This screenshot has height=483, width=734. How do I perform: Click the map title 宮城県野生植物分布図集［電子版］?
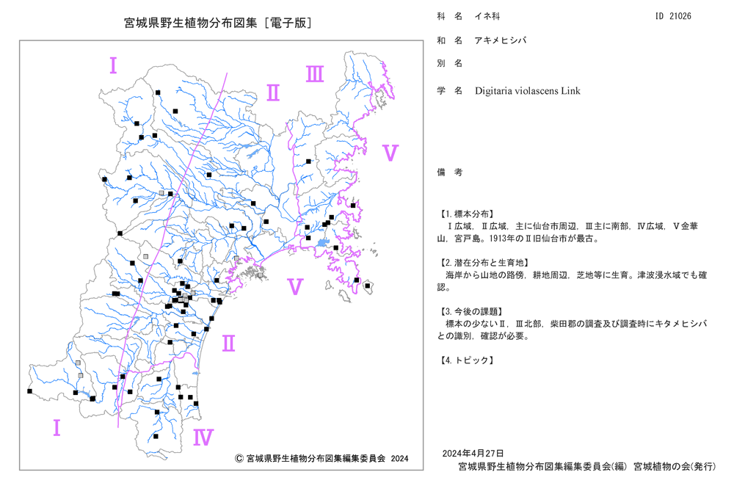coord(219,23)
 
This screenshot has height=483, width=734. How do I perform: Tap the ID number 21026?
coord(680,16)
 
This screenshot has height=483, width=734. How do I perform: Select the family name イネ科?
coord(487,16)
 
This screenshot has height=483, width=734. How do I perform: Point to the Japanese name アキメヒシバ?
coord(501,40)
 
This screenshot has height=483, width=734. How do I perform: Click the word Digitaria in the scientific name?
coord(493,91)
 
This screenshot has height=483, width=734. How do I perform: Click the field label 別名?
coord(450,63)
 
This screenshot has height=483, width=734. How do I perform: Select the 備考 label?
coord(450,172)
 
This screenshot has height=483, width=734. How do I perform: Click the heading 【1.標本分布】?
coord(466,214)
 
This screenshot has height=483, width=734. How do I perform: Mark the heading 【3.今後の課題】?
coord(471,311)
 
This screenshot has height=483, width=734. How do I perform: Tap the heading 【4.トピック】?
coord(466,360)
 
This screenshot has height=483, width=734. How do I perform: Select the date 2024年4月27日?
coord(473,453)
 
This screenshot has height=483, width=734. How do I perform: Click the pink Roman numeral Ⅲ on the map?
coord(315,74)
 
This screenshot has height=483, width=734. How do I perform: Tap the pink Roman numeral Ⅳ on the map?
coord(203,437)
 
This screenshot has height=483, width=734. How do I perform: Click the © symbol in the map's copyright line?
coord(239,458)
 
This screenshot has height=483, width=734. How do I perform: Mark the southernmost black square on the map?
coord(156,436)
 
